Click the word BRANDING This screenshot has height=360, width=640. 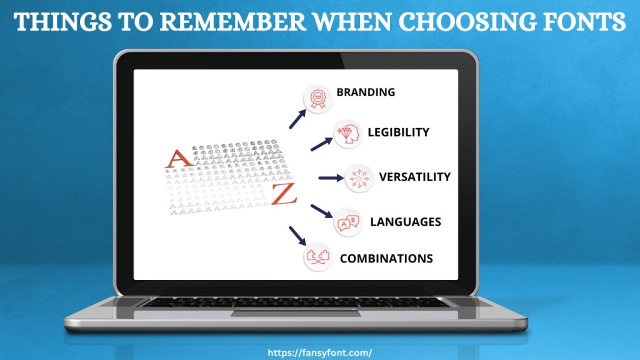(x=366, y=92)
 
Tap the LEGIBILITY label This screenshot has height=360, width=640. (x=398, y=132)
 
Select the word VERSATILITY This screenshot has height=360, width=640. (x=414, y=177)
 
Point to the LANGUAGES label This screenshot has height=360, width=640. (x=406, y=222)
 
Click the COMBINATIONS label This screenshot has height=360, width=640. (x=386, y=258)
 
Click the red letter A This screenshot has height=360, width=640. (x=179, y=158)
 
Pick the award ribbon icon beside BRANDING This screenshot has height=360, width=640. (x=316, y=98)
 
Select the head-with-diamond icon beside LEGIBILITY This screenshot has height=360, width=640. (x=347, y=135)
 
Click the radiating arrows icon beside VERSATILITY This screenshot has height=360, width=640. (x=359, y=178)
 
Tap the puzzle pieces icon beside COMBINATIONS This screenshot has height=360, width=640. (x=317, y=257)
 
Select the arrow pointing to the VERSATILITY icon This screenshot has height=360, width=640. (x=331, y=178)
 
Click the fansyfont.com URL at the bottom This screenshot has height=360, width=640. (x=319, y=352)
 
